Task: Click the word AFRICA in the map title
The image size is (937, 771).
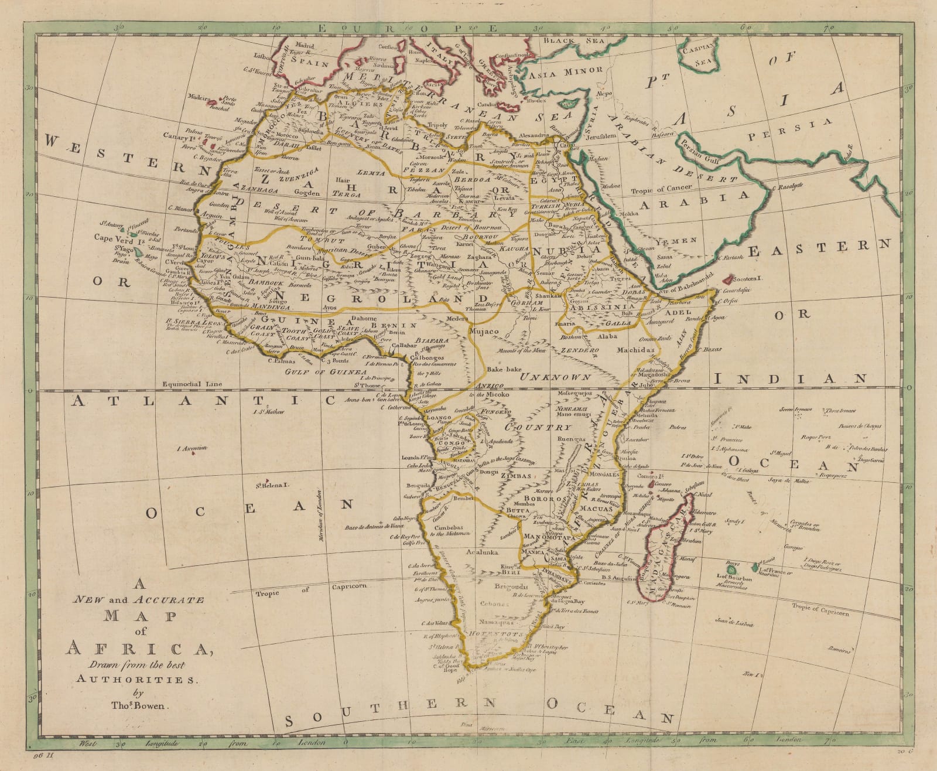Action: pyautogui.click(x=139, y=649)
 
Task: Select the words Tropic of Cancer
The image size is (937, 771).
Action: pyautogui.click(x=661, y=190)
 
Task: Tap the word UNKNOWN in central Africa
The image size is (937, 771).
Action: pyautogui.click(x=556, y=376)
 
